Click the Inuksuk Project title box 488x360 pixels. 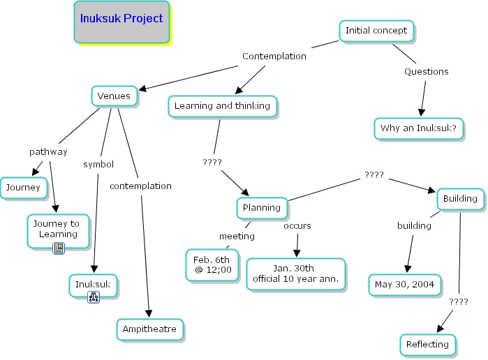[121, 21]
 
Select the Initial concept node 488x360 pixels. [376, 31]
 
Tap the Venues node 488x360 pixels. [114, 96]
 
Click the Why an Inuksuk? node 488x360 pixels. [418, 128]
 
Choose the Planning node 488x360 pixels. [262, 207]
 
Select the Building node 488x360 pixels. [460, 199]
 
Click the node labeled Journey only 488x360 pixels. [24, 187]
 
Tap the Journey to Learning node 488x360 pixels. [59, 230]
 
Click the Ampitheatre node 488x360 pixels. [150, 329]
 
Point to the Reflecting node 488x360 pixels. [429, 345]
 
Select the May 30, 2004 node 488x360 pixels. [405, 285]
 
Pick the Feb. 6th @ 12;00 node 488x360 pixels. [213, 264]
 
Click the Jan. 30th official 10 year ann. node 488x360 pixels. [296, 273]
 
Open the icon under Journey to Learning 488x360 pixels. [59, 248]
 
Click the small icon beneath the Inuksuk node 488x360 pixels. [93, 298]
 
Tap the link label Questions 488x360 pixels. [427, 71]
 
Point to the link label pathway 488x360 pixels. [48, 151]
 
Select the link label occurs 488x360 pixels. [297, 225]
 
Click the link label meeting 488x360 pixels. [237, 236]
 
